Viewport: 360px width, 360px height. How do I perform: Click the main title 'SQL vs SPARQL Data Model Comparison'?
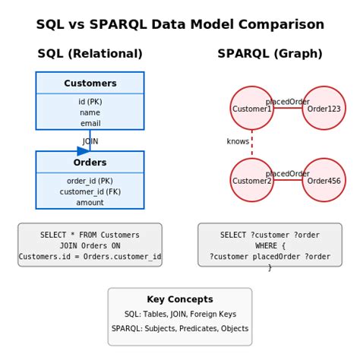pos(180,24)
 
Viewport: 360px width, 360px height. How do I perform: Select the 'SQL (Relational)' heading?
pos(90,54)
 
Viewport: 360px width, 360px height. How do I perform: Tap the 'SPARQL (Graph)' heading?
pos(270,54)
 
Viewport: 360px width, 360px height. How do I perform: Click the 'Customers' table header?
pos(90,84)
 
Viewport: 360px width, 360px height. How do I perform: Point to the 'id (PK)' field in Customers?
pos(90,102)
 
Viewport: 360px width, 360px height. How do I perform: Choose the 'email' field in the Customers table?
pos(90,123)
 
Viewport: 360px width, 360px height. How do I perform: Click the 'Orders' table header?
pos(90,163)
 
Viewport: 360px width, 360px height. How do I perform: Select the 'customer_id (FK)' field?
pos(90,192)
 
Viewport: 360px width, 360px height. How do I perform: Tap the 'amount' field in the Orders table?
pos(90,203)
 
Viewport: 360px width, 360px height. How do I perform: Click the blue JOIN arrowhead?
pos(84,151)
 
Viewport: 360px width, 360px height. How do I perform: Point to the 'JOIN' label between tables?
pos(90,141)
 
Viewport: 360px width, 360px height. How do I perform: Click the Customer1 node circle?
pos(251,109)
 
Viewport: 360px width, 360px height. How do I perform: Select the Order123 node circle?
pos(324,109)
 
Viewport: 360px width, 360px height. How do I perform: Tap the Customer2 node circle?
pos(251,181)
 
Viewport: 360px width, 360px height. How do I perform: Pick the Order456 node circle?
pos(324,181)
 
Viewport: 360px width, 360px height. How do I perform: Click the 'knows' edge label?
pos(238,141)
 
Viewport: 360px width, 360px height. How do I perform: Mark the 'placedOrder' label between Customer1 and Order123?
pos(287,102)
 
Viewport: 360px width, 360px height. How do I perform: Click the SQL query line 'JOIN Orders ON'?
pos(90,246)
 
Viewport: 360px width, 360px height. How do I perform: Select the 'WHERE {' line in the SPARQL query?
pos(270,246)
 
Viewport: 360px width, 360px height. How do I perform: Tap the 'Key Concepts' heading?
pos(180,299)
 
